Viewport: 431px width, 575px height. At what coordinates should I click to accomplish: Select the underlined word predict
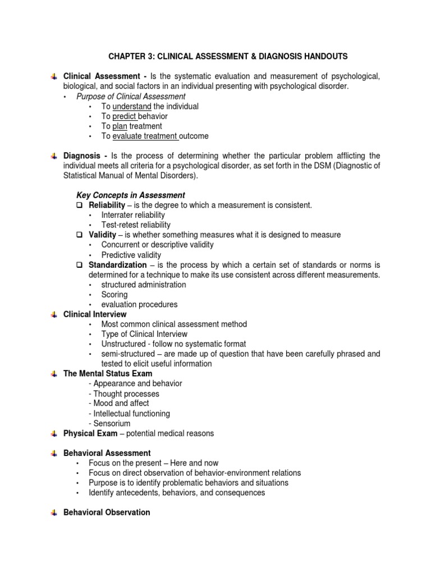125,116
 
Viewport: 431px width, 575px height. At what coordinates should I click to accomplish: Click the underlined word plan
120,126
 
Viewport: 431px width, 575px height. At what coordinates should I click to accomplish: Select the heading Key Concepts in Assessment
130,195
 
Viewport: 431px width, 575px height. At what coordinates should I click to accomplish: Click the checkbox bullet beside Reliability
80,206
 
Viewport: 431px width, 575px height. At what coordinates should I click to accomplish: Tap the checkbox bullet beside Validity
80,235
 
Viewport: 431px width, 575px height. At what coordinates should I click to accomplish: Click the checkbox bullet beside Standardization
80,265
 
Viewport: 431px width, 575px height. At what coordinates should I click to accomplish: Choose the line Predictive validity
131,255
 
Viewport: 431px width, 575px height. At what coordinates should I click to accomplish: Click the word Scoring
114,294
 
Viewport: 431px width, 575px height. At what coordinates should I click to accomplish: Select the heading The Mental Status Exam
108,373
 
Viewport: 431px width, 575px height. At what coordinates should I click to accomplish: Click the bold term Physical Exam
90,433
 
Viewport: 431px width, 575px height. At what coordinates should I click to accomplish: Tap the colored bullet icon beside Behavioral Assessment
53,453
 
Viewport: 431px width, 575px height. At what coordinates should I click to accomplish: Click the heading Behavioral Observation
107,512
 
